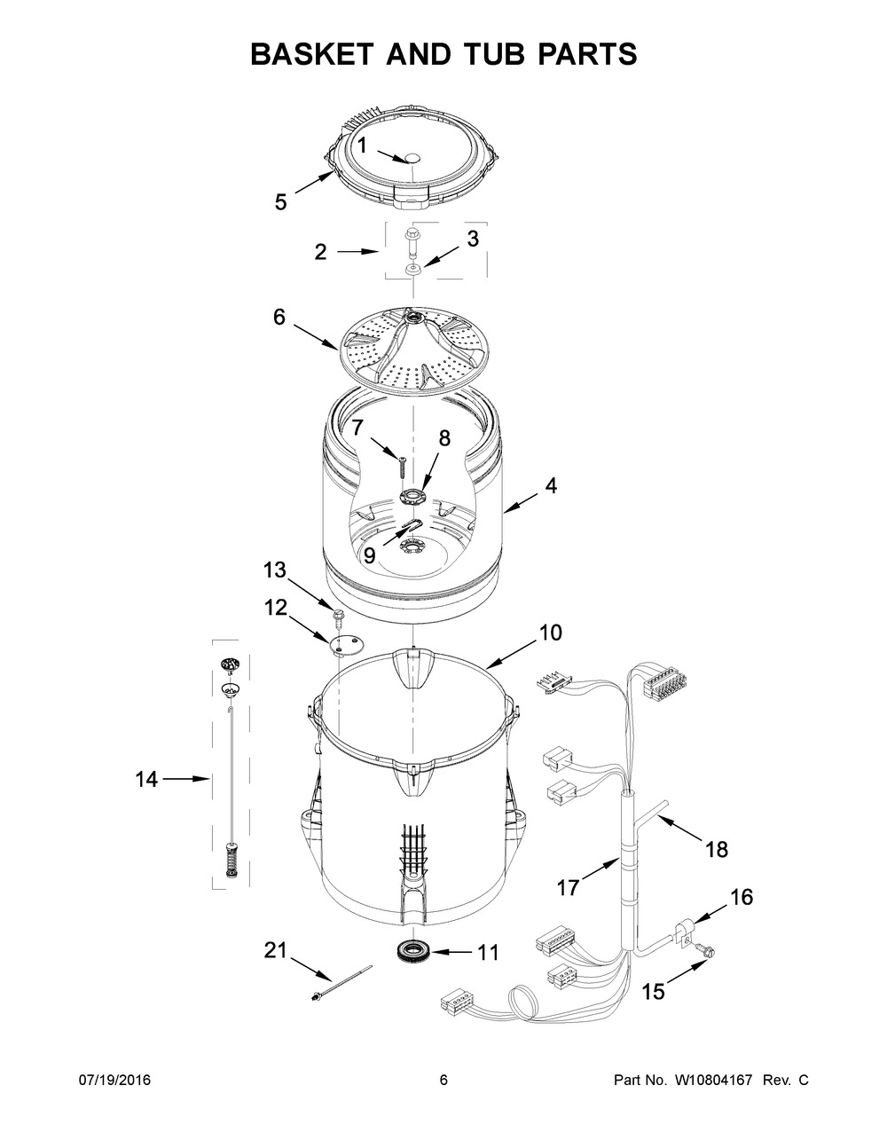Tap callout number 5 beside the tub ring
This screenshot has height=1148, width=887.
[x=280, y=202]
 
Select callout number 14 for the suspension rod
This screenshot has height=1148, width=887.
[x=146, y=779]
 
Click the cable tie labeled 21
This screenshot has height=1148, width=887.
[x=341, y=988]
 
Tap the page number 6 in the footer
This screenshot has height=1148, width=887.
[x=443, y=1081]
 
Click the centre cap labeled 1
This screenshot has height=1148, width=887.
[x=412, y=158]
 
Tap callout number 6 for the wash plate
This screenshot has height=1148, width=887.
[x=279, y=317]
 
